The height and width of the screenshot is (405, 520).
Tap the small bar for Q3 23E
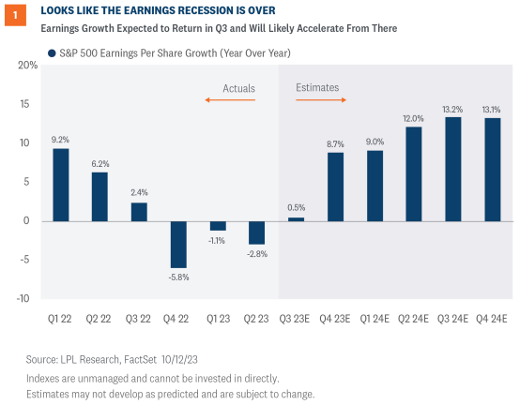(x=297, y=219)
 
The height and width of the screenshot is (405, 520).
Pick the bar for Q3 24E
(x=452, y=169)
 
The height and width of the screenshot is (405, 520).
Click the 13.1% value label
(x=492, y=108)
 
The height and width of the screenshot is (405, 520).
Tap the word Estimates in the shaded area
(x=317, y=88)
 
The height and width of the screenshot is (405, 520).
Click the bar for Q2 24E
(x=414, y=173)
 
